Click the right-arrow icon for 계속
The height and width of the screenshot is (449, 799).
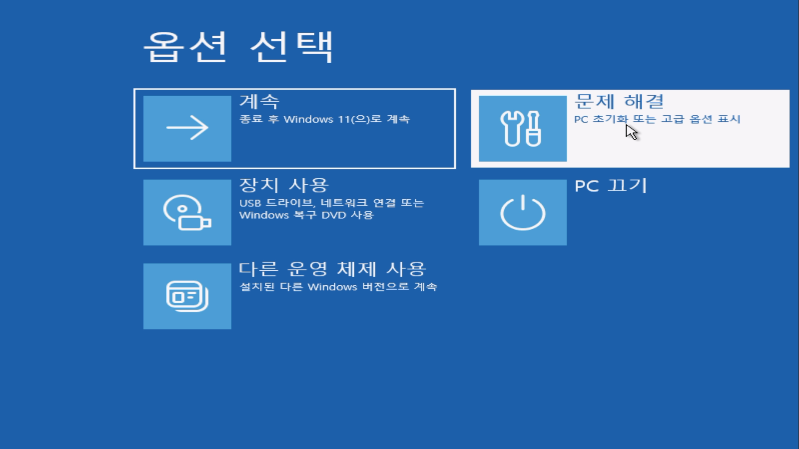[x=187, y=128]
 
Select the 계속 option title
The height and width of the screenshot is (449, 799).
[x=259, y=102]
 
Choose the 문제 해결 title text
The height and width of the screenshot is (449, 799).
[x=619, y=102]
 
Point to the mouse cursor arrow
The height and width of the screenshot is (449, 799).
[x=631, y=132]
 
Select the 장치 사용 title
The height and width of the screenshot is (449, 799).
[x=284, y=186]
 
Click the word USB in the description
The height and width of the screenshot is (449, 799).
[x=250, y=203]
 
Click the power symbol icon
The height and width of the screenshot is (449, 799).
[x=523, y=212]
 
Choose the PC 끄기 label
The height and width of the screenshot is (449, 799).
[x=610, y=186]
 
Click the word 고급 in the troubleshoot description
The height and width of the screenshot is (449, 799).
[x=673, y=119]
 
